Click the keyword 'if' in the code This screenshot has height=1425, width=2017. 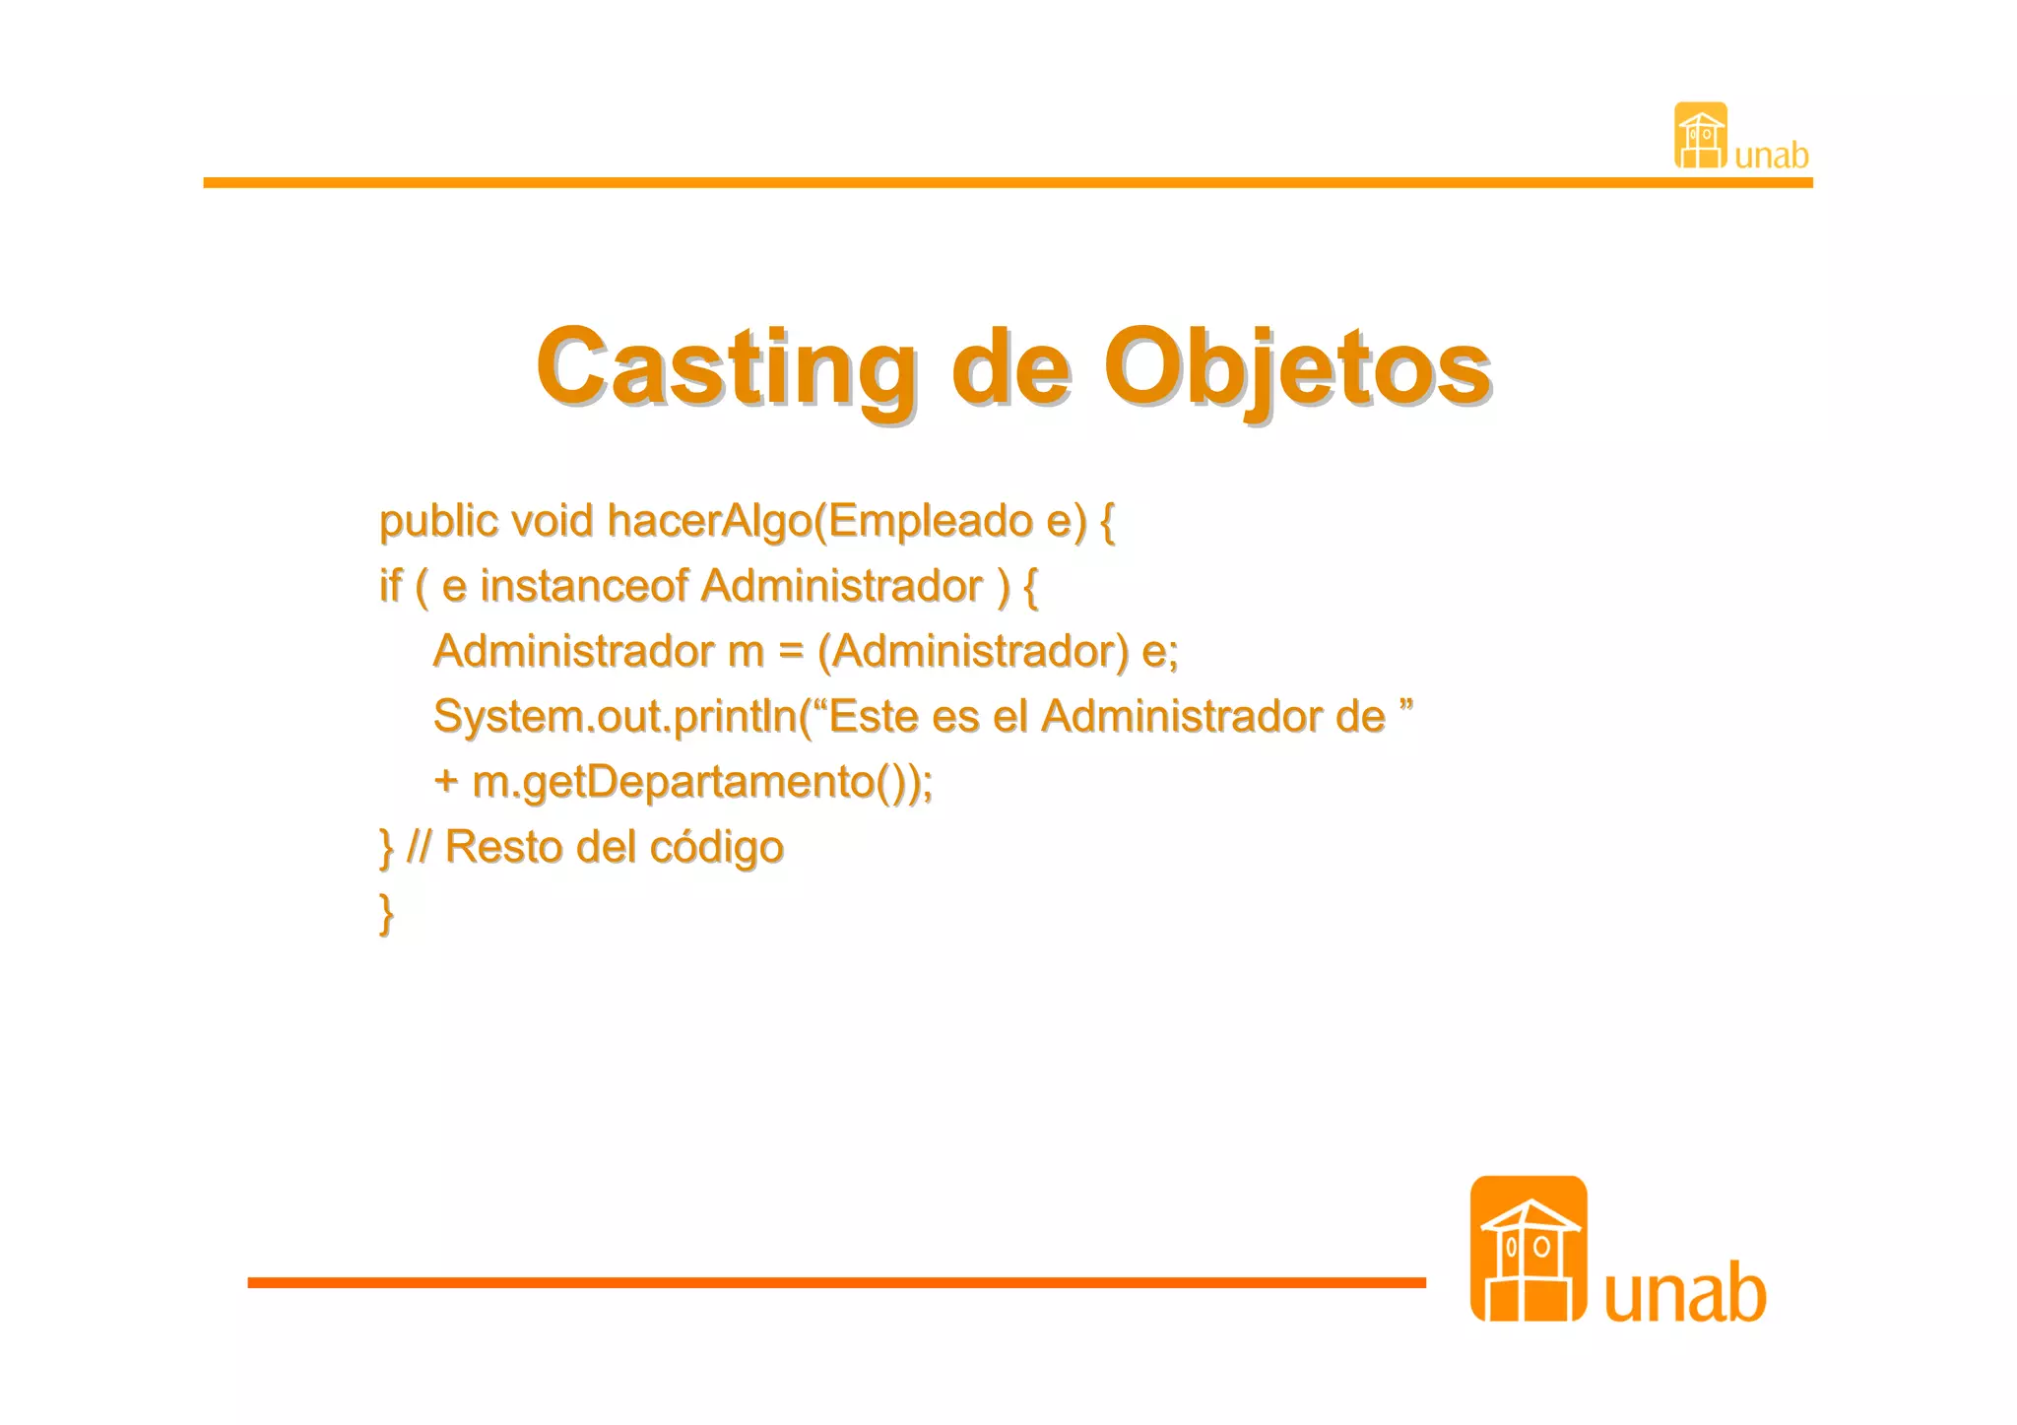tap(390, 586)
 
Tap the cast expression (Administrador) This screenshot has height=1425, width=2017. tap(973, 651)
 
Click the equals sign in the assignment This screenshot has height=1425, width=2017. tap(791, 651)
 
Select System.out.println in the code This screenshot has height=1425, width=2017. tap(616, 716)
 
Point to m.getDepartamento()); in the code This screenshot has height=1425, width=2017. tap(703, 782)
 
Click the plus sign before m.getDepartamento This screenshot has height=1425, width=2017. tap(446, 782)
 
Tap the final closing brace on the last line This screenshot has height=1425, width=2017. tap(387, 913)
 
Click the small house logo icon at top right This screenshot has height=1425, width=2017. tap(1700, 136)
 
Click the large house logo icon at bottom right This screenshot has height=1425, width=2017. tap(1528, 1249)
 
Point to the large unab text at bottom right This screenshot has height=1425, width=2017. tap(1685, 1293)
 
